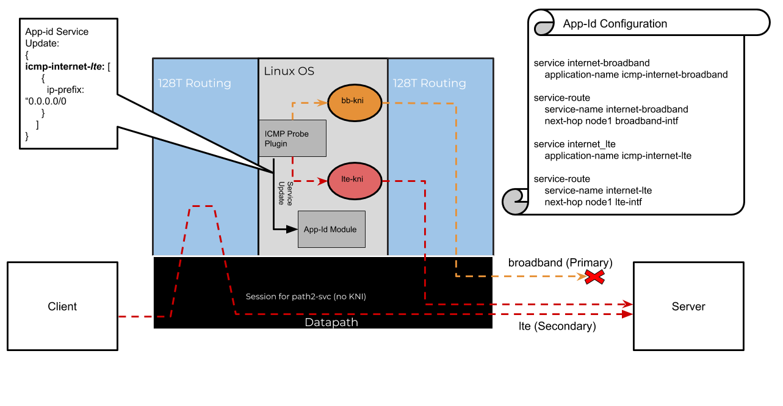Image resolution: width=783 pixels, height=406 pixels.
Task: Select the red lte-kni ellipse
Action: pos(354,181)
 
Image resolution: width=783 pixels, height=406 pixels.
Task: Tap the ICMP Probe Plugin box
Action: pos(292,138)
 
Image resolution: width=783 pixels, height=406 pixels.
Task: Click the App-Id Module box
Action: pos(331,229)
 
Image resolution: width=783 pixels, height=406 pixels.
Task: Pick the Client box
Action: pos(62,306)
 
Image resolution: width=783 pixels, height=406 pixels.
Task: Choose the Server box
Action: pos(688,306)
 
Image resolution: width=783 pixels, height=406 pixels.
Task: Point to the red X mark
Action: pos(594,277)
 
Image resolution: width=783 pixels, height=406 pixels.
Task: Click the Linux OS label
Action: pos(289,71)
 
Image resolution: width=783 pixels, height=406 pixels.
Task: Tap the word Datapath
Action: pos(331,322)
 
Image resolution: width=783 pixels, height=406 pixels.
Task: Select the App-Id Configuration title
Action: pos(615,24)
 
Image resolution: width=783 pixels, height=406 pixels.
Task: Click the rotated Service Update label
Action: pos(285,193)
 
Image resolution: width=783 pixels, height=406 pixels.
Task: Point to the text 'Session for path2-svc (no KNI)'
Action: pos(306,297)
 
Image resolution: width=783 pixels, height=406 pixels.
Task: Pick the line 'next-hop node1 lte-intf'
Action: pos(593,202)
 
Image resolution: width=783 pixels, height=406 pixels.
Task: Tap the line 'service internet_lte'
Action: pos(574,144)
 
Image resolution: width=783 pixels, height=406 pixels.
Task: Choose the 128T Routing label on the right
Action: pos(429,83)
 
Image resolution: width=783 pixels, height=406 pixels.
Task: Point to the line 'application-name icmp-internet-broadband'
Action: pos(636,74)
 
